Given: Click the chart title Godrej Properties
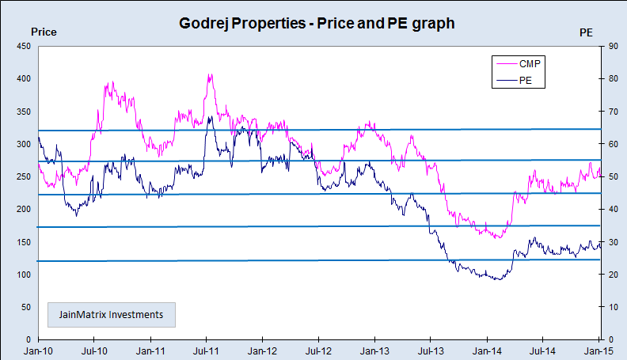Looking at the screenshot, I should click(317, 24).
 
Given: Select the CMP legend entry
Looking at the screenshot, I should click(532, 63).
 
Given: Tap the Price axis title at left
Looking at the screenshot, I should click(43, 32).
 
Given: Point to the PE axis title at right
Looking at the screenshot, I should click(586, 32).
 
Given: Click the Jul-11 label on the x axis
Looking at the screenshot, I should click(207, 349).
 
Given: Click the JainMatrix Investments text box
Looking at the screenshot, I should click(111, 314).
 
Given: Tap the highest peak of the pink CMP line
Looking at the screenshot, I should click(210, 75).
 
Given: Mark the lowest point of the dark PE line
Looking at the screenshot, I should click(496, 279).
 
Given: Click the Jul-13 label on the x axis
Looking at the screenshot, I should click(431, 349).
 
